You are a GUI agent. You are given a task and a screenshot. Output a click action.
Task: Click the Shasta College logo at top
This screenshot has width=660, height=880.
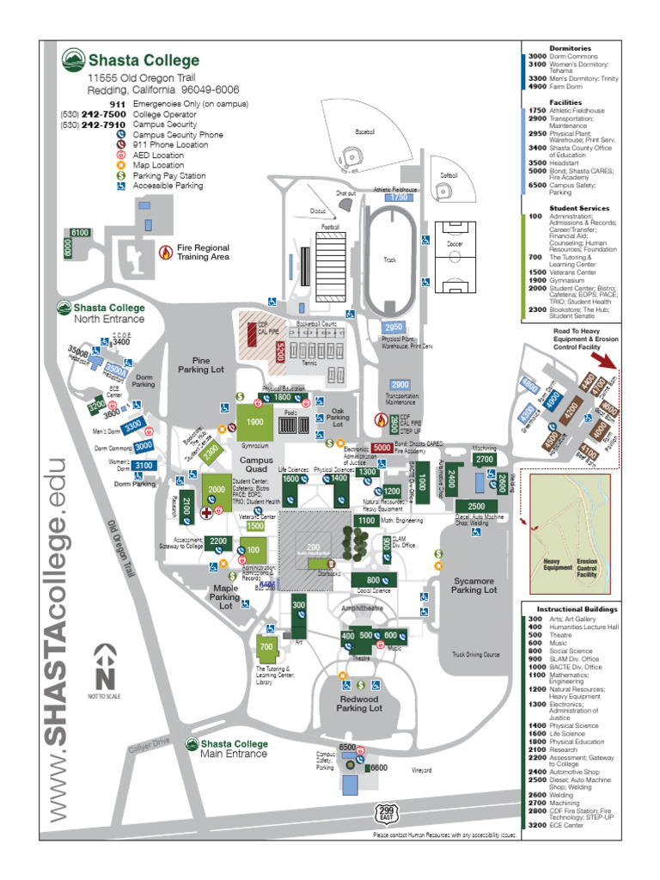(x=73, y=60)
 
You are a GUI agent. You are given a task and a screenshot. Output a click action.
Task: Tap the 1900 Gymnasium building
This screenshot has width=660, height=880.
(x=255, y=423)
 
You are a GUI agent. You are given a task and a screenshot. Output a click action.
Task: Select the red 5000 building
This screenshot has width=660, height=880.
(x=382, y=448)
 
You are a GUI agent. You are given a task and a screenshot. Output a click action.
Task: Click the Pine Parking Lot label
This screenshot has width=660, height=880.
(x=201, y=364)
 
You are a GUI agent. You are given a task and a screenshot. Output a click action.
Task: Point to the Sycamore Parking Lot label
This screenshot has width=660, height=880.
(x=475, y=585)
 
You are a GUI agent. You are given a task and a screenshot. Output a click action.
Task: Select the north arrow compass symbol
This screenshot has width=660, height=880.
(x=105, y=658)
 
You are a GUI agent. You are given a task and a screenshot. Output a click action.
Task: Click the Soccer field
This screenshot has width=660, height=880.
(x=453, y=258)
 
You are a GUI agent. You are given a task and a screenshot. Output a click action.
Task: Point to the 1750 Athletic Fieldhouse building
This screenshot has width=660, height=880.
(x=398, y=197)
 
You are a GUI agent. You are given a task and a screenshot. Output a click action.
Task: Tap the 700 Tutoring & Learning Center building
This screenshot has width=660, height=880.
(x=266, y=646)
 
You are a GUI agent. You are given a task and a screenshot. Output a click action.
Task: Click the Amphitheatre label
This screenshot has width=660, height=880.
(x=363, y=607)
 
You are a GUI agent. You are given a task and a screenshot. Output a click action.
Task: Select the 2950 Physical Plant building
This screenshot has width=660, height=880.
(x=394, y=327)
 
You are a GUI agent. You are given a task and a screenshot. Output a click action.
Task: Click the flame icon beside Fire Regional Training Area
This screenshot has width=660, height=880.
(x=166, y=252)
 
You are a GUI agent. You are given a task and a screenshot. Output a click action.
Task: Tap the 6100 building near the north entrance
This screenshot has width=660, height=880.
(x=80, y=233)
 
